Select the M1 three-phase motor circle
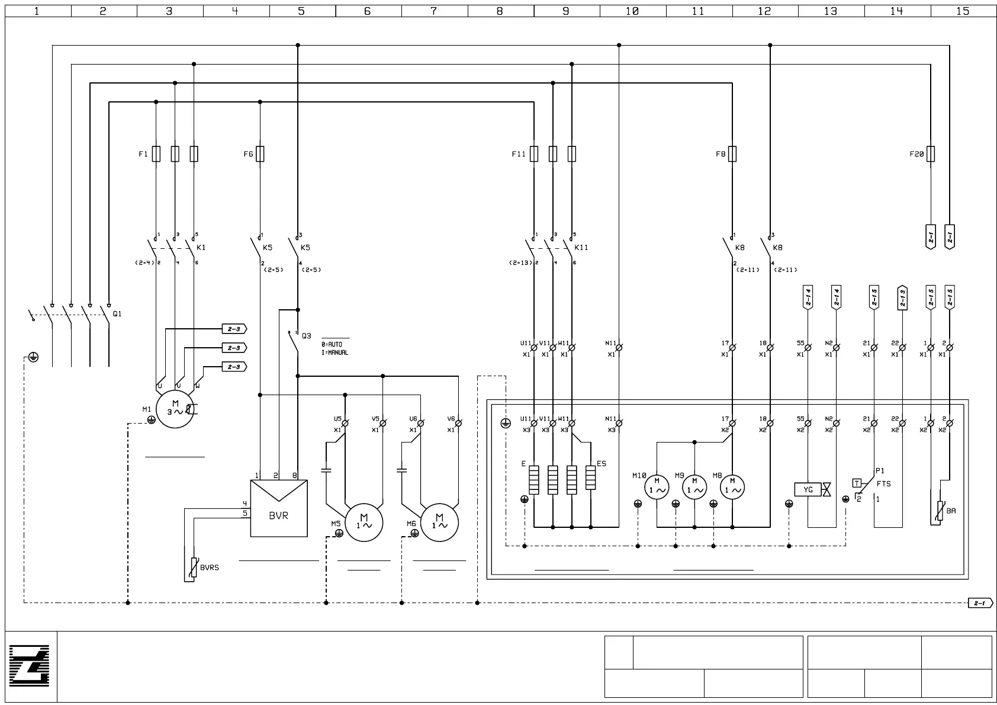(175, 409)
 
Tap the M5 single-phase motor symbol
(364, 523)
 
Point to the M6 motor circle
(439, 523)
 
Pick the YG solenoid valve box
(808, 490)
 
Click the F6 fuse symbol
(260, 154)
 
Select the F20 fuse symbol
(931, 154)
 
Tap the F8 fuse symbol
(732, 154)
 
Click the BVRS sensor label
(209, 568)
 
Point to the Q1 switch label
(117, 314)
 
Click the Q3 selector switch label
(306, 336)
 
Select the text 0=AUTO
(332, 344)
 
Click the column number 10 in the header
(632, 11)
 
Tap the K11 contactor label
(581, 248)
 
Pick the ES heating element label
(602, 464)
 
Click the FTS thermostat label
(883, 484)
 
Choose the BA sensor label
(951, 511)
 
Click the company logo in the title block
(30, 666)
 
